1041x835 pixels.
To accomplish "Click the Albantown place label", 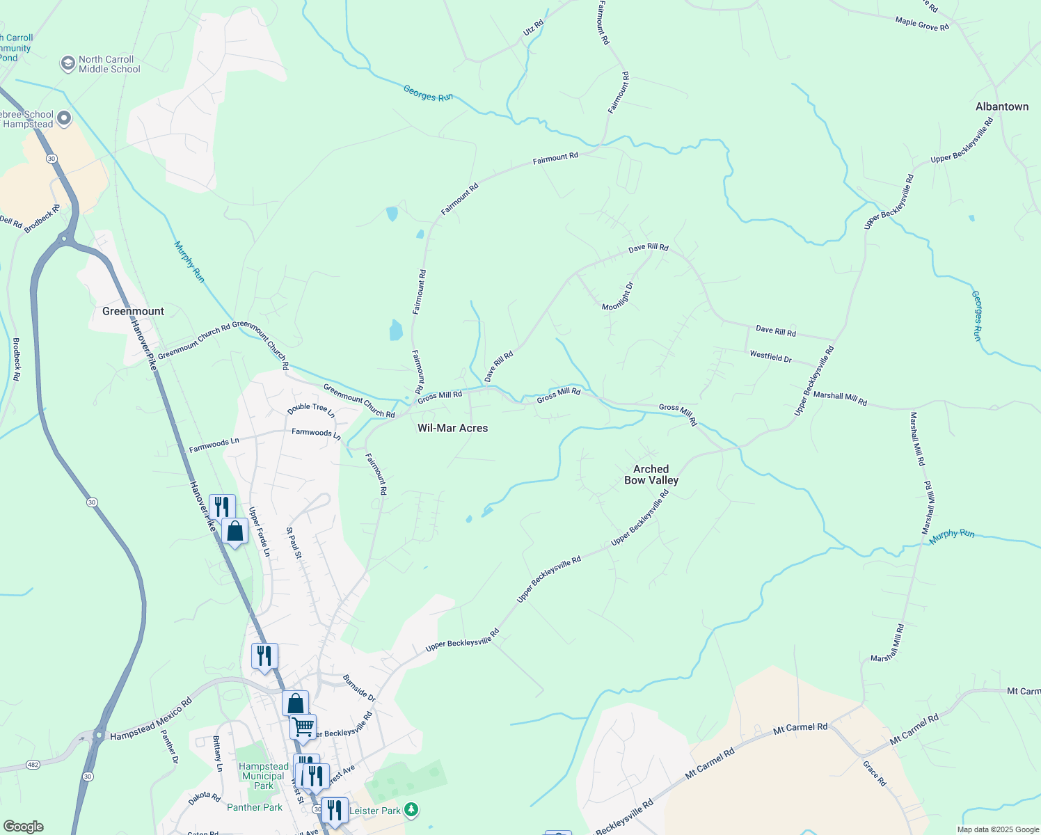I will point(1001,106).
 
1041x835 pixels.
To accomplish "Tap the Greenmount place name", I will point(133,311).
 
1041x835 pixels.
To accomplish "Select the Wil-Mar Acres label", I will point(452,428).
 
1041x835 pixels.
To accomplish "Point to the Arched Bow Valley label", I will point(651,475).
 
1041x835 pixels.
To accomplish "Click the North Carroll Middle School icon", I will point(67,64).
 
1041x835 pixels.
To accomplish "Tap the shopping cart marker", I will point(303,727).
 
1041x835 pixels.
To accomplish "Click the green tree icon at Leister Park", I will point(412,810).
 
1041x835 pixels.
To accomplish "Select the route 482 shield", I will point(32,764).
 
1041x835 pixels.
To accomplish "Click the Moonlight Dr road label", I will point(618,296).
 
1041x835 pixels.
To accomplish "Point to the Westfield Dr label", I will point(770,356).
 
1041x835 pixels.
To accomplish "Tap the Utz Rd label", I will point(533,29).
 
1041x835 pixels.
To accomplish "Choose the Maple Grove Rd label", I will point(921,24).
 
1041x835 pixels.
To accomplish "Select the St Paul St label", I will point(294,543).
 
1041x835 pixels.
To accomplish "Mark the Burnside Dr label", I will point(358,687).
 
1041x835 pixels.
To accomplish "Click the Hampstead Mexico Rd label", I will point(150,720).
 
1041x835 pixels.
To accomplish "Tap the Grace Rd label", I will point(875,773).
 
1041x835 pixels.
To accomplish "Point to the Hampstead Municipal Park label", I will point(263,776).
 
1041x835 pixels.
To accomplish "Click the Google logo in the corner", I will point(23,827).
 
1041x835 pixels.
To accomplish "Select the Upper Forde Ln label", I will point(259,532).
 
